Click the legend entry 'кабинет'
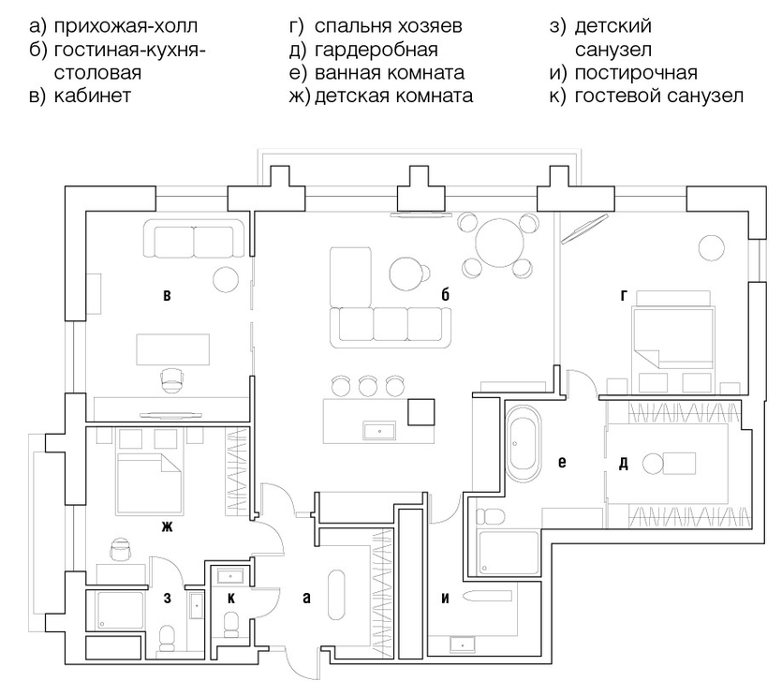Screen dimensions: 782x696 click(x=93, y=96)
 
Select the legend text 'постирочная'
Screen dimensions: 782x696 click(x=636, y=73)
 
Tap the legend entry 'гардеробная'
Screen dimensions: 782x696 click(x=376, y=50)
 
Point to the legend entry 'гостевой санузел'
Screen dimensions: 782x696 click(x=658, y=96)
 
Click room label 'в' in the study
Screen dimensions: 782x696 click(x=167, y=295)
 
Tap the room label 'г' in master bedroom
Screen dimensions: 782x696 click(x=624, y=295)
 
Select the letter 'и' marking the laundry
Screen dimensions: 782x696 click(x=445, y=598)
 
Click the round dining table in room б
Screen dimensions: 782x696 click(x=499, y=244)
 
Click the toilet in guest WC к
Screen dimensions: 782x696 click(x=231, y=625)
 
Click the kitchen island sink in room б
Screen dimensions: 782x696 click(x=379, y=431)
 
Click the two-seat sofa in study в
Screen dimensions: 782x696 click(x=194, y=240)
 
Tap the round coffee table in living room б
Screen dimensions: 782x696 click(x=406, y=274)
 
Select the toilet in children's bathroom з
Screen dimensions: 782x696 click(x=167, y=639)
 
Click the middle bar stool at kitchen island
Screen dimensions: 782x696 click(x=367, y=385)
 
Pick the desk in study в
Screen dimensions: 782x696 click(x=173, y=349)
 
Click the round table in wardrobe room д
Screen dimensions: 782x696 click(x=653, y=464)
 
